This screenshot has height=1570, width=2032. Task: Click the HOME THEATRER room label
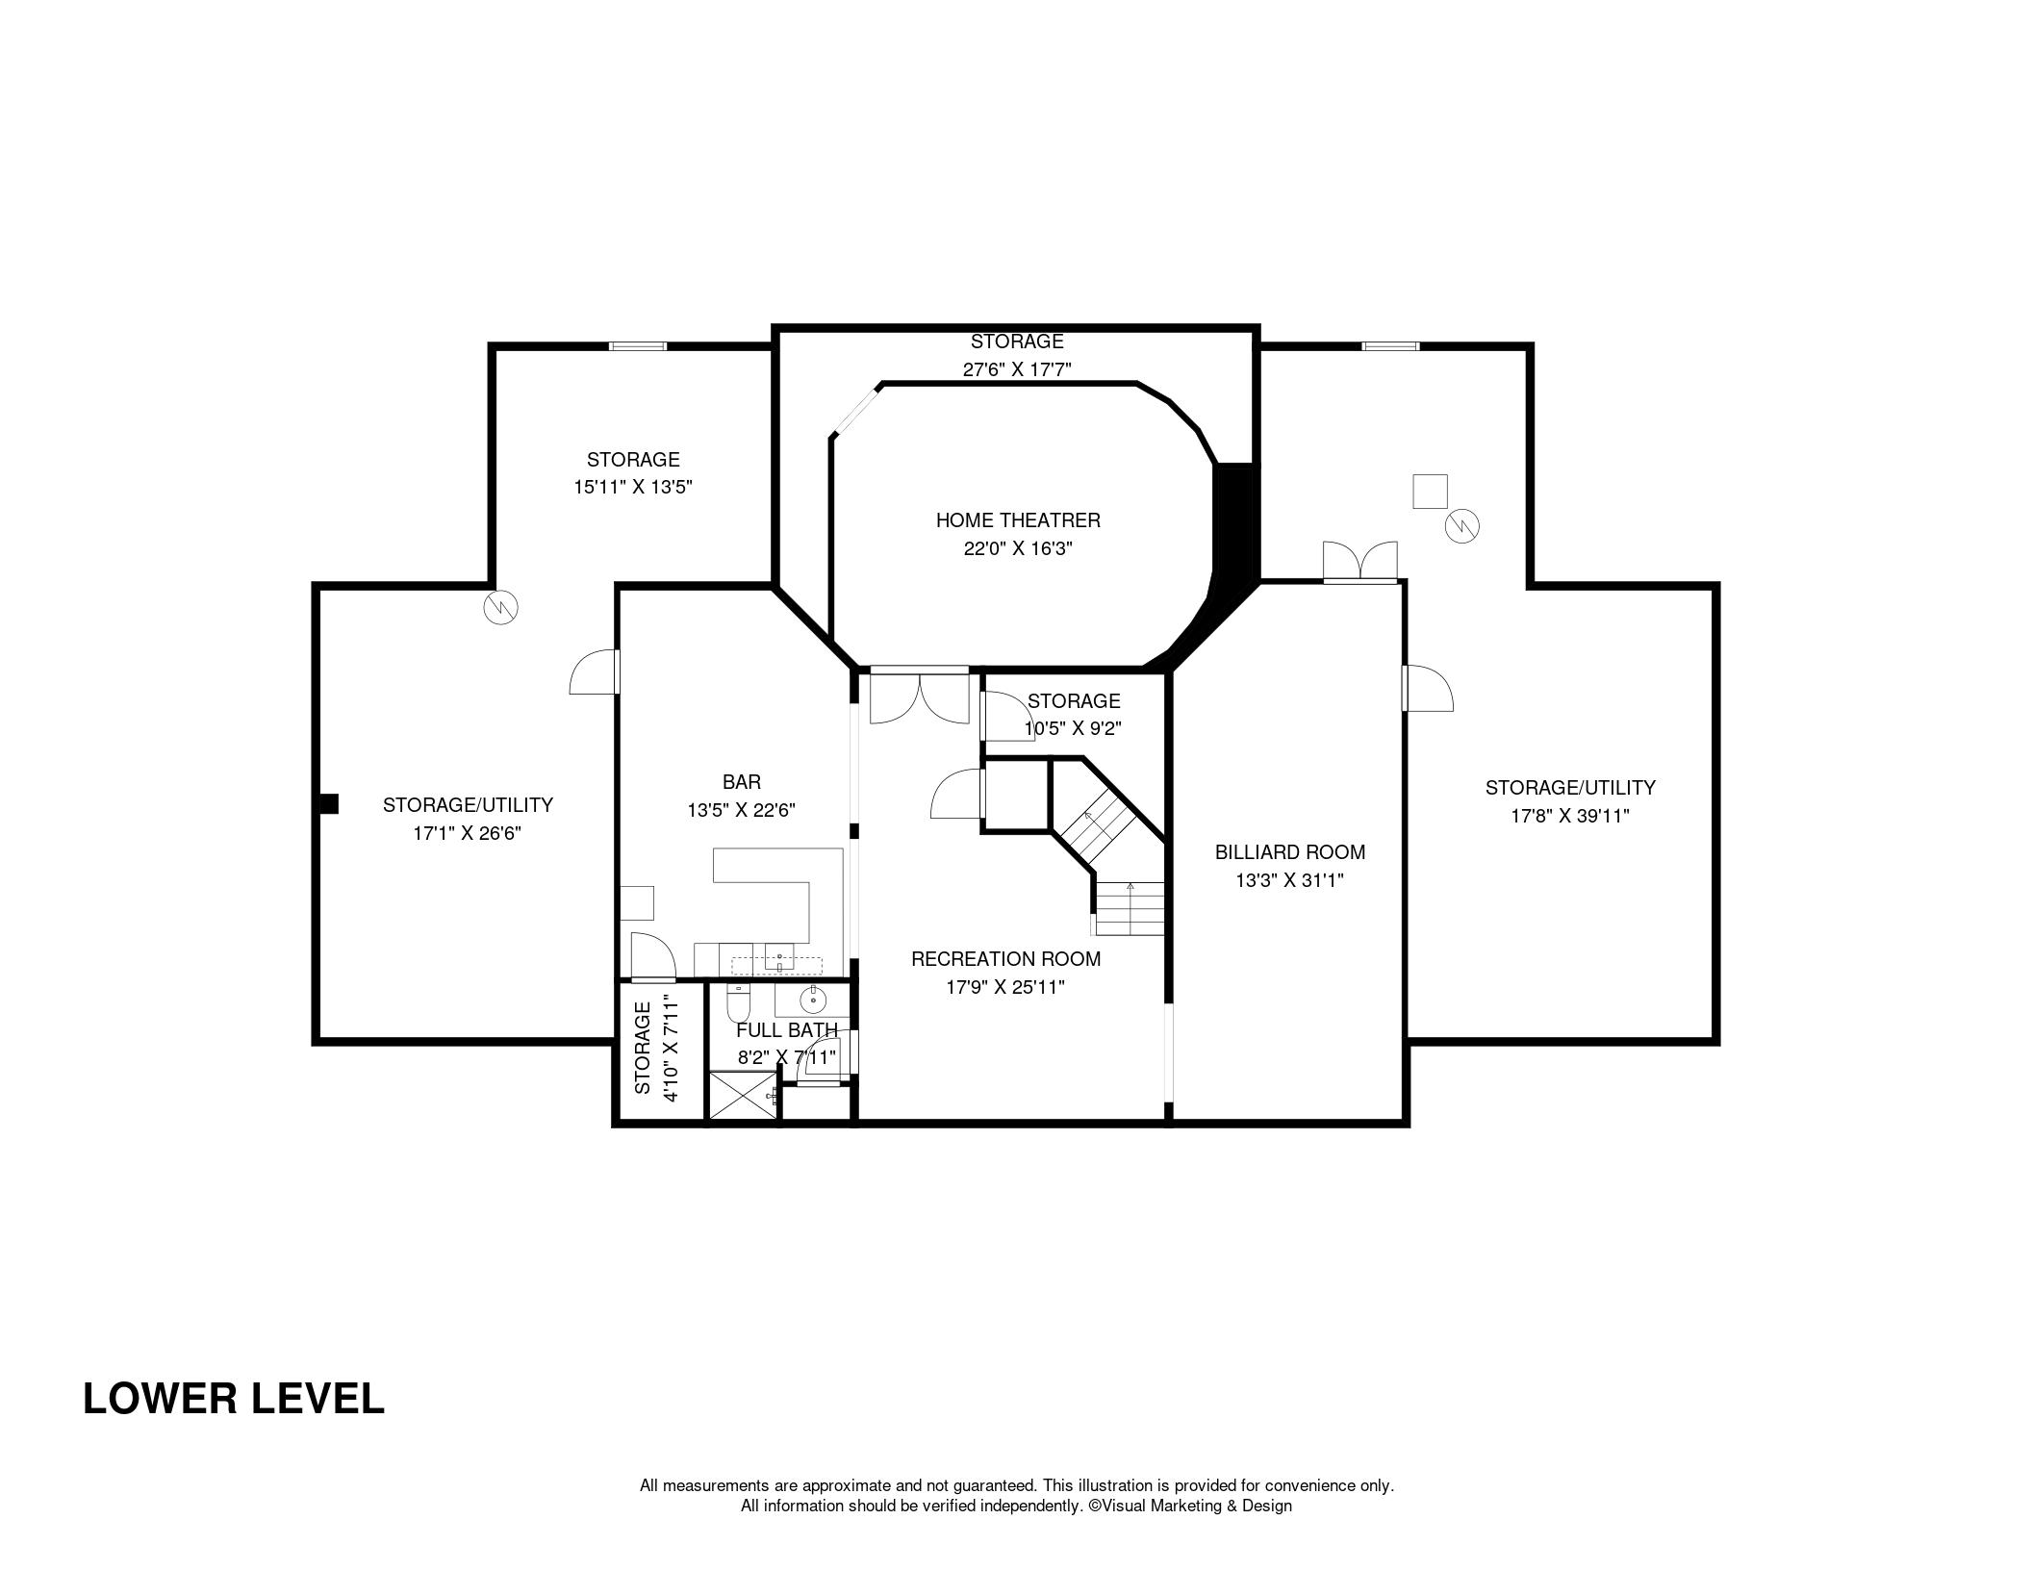click(1018, 520)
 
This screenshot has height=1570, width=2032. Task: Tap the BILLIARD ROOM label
click(1289, 852)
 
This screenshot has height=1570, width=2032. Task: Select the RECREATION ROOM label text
click(1005, 959)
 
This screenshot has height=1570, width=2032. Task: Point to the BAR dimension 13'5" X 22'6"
click(741, 811)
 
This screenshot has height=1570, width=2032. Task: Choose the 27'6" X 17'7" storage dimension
click(1017, 369)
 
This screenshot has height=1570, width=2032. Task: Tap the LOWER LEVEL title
click(234, 1399)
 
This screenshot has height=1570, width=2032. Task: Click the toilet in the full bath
click(739, 1004)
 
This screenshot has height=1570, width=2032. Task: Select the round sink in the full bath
click(814, 1000)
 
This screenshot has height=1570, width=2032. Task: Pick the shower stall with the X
click(742, 1096)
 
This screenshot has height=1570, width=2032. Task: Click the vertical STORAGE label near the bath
click(643, 1047)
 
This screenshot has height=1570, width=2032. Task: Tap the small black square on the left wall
click(328, 803)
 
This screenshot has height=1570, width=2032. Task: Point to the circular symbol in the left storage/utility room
click(501, 606)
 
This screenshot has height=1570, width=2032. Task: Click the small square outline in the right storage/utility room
click(1430, 492)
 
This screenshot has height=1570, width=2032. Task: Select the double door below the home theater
click(920, 695)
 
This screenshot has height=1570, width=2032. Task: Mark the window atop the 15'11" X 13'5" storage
click(637, 346)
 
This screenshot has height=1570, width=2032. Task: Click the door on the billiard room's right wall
click(1428, 688)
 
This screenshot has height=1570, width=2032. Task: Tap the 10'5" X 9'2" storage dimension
click(1073, 729)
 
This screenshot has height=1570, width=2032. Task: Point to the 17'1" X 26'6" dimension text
click(468, 833)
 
